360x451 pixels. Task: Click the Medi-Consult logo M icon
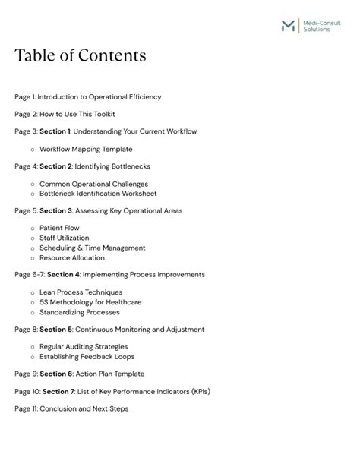pos(289,25)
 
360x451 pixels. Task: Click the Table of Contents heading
pos(80,56)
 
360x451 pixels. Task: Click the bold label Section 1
pos(55,131)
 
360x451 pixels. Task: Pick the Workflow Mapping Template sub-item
pos(86,149)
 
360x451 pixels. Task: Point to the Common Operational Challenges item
pos(93,184)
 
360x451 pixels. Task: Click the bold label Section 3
pos(55,210)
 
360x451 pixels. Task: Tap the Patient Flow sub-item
pos(59,228)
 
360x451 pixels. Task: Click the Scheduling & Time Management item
pos(92,248)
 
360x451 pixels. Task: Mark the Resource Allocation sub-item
pos(72,257)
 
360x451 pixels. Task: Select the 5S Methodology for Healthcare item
pos(90,301)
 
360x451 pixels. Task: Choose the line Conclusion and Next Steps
pos(71,408)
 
